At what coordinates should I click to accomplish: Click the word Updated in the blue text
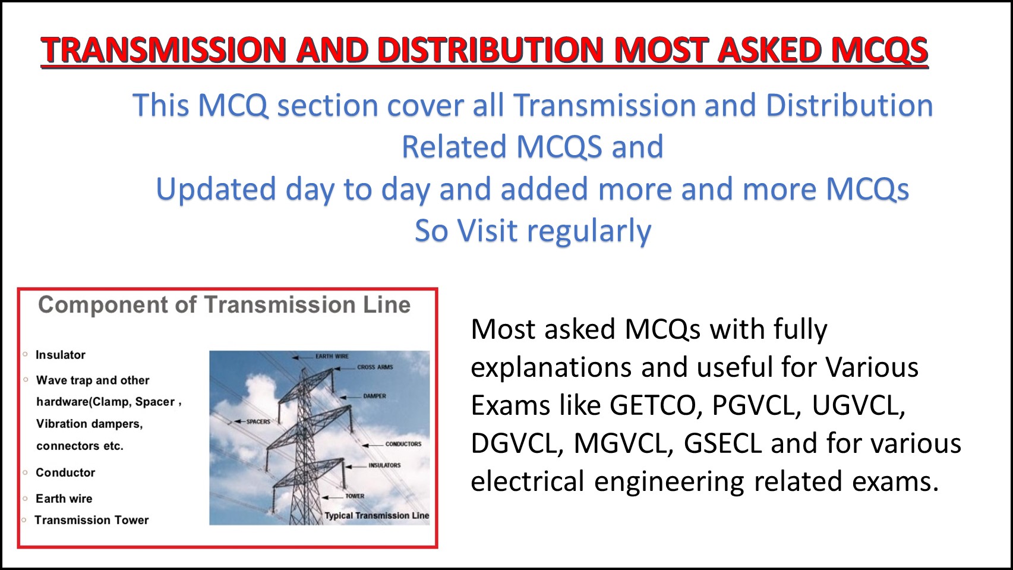216,190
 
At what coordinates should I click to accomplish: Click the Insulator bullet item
61,355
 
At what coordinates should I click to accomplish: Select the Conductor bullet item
65,473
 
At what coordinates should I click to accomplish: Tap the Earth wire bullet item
64,499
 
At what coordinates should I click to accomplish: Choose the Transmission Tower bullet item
91,520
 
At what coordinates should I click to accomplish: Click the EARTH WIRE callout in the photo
332,356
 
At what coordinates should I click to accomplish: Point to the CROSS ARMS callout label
375,367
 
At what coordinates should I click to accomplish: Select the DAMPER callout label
374,396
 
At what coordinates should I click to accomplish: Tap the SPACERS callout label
258,421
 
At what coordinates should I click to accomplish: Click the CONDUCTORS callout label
403,444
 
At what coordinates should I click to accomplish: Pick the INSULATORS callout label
384,465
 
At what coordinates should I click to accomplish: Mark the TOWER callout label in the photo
355,496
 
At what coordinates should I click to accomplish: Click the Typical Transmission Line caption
377,515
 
